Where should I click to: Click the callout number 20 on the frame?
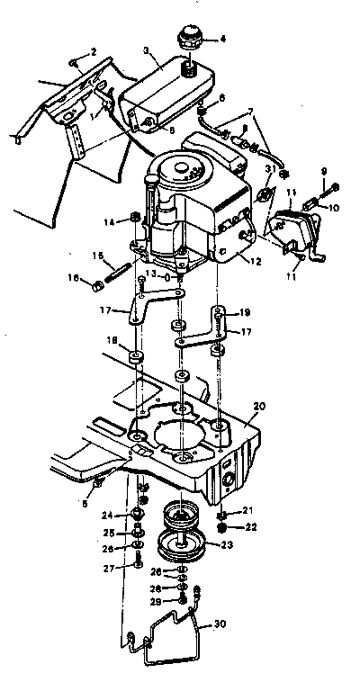pyautogui.click(x=261, y=407)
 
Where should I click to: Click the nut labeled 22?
pyautogui.click(x=222, y=527)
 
